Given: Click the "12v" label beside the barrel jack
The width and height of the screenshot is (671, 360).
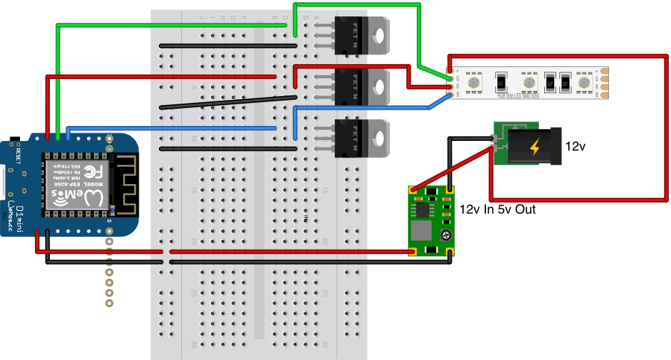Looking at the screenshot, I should pyautogui.click(x=576, y=147).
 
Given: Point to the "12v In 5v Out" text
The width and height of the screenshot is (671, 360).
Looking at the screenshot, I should pyautogui.click(x=497, y=209).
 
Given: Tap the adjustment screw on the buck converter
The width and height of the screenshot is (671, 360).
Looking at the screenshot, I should pyautogui.click(x=445, y=236).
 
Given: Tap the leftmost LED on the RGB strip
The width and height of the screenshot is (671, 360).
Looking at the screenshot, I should pyautogui.click(x=473, y=82).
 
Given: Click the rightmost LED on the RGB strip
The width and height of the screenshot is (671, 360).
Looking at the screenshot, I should pyautogui.click(x=585, y=82).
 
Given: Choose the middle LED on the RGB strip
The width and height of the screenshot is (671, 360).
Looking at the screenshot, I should pyautogui.click(x=529, y=82).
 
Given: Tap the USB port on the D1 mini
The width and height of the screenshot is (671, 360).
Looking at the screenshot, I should pyautogui.click(x=4, y=183).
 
